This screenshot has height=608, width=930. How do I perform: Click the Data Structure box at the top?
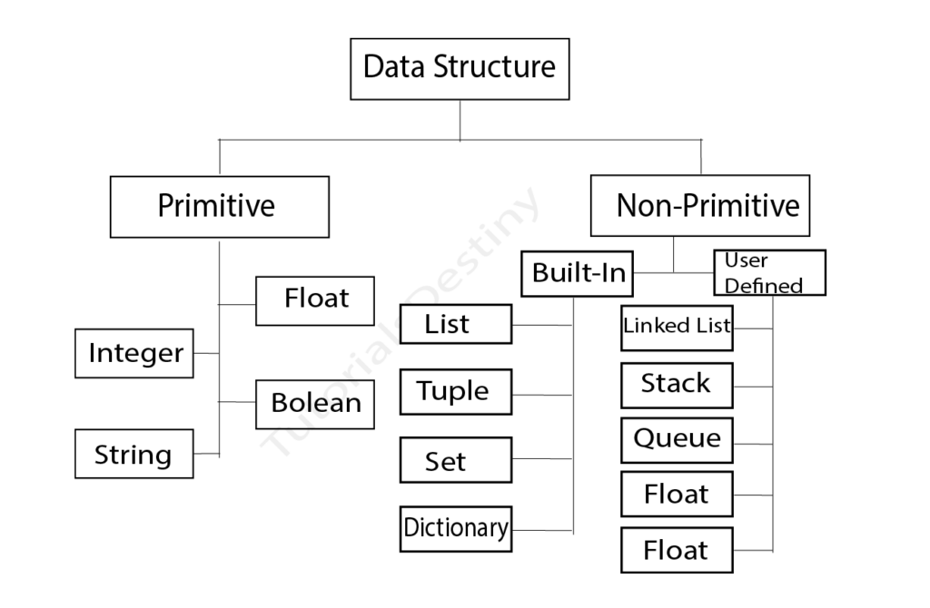click(x=460, y=69)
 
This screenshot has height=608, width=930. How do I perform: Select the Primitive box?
click(x=219, y=207)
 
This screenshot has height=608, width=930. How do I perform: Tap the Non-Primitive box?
click(x=699, y=206)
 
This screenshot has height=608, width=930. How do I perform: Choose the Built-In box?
click(x=578, y=273)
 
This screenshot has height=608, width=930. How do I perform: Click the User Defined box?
click(x=769, y=273)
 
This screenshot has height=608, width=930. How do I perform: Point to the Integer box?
click(x=134, y=353)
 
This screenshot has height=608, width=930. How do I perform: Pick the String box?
click(x=134, y=454)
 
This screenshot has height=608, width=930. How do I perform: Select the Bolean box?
click(x=315, y=404)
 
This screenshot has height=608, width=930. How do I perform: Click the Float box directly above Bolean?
click(x=315, y=300)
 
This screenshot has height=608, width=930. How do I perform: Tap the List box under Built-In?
click(x=455, y=324)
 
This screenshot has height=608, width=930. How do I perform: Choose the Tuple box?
click(x=455, y=392)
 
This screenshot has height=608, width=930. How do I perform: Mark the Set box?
click(x=455, y=460)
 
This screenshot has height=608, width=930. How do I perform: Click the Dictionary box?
click(x=455, y=528)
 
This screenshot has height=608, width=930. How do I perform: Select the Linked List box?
click(x=677, y=327)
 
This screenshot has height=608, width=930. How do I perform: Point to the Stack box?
click(x=677, y=385)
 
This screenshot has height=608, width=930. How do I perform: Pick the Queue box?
click(x=677, y=440)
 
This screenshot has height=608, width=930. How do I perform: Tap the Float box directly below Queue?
click(x=677, y=495)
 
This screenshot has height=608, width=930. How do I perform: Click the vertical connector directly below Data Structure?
click(x=460, y=120)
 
